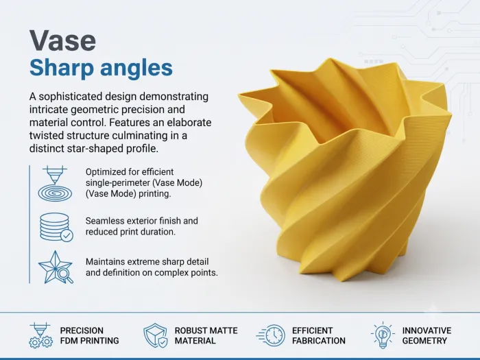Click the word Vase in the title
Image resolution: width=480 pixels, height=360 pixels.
pos(63,40)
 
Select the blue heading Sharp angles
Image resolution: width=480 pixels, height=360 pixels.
pos(101,69)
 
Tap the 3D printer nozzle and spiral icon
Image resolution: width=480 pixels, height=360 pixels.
pos(55,183)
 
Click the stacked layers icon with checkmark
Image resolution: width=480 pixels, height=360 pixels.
pos(56,227)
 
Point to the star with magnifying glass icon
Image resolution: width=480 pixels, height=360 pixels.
pos(56,267)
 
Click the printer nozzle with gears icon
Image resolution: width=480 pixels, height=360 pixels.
pos(40,335)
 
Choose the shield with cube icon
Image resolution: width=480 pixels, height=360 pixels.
pos(156,335)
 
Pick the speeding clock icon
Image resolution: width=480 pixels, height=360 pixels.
pos(271,335)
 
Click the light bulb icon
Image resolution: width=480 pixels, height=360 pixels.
pos(383,335)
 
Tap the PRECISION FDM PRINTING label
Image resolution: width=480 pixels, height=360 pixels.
pos(89,335)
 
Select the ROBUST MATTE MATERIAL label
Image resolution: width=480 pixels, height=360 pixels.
pos(206,335)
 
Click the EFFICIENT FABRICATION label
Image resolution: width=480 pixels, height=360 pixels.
pos(319,335)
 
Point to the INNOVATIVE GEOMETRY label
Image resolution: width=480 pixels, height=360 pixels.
pos(427,335)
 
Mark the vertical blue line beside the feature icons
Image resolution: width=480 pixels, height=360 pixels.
pos(29,224)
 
